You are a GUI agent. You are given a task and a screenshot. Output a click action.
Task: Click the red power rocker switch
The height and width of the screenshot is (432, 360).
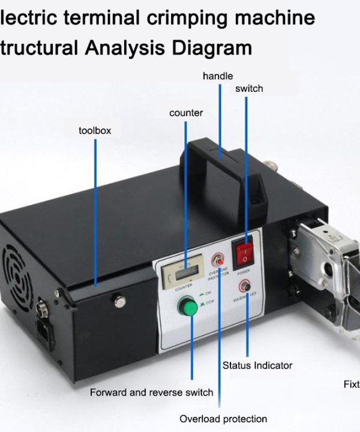tap(244, 254)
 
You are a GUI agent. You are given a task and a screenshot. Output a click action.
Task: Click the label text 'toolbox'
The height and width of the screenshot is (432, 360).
tap(95, 130)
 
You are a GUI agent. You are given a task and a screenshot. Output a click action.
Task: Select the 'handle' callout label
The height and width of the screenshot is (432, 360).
tap(218, 76)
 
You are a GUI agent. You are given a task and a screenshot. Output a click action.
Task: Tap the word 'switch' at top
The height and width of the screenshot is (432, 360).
tap(249, 88)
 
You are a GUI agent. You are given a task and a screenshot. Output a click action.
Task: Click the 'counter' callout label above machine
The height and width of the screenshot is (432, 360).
tap(186, 112)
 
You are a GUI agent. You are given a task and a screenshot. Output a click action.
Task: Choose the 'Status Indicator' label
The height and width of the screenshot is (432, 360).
tap(257, 365)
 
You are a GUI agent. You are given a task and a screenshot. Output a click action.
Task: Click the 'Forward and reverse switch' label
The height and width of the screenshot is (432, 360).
tap(151, 392)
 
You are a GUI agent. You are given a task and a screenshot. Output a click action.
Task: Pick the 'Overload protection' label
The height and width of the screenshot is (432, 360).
tap(223, 419)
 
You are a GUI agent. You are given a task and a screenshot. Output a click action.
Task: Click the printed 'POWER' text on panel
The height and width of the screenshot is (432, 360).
tap(243, 272)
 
